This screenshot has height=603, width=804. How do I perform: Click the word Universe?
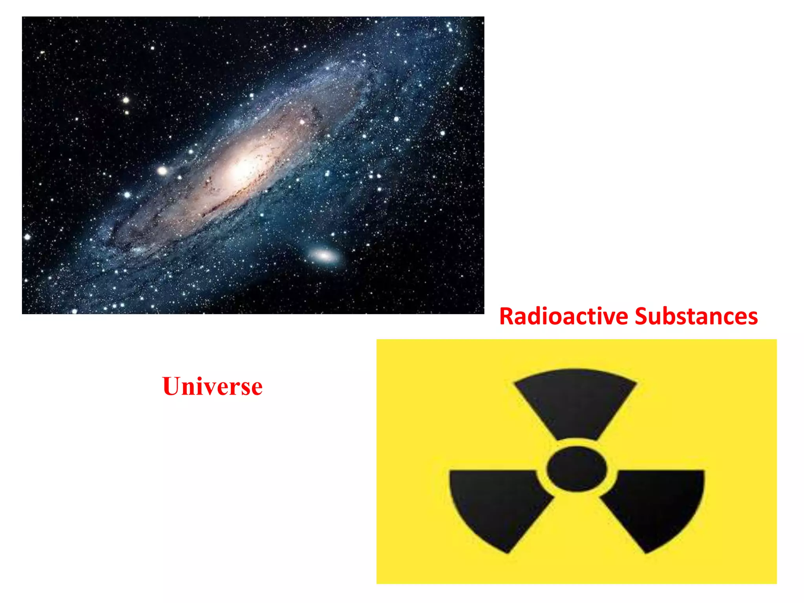point(212,386)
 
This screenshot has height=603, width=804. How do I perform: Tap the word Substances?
point(696,316)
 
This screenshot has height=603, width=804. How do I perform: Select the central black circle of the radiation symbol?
point(576,469)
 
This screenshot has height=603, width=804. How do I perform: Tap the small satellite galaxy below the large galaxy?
point(324,256)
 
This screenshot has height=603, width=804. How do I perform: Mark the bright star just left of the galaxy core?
point(162,171)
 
